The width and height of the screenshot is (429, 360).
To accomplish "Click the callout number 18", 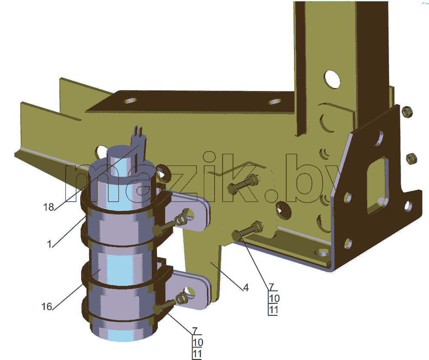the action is point(49,207).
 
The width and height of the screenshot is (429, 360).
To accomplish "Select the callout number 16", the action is point(47,306).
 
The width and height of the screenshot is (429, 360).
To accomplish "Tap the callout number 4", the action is point(246,287).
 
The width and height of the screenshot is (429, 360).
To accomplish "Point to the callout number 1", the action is point(49,244).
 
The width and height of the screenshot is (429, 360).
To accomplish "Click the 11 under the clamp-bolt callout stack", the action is point(197,354).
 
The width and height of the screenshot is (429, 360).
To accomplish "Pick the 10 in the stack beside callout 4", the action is point(274,298).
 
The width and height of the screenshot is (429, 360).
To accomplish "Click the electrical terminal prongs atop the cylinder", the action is point(139,137).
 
